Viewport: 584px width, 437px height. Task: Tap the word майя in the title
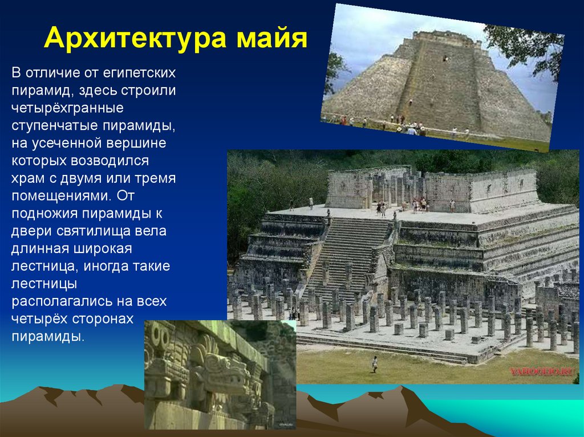coord(270,39)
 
